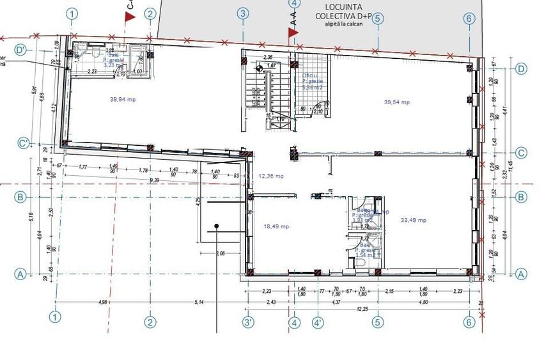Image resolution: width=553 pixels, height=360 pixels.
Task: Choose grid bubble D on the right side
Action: [x=521, y=68]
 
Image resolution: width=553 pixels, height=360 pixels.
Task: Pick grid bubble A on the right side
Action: [x=521, y=274]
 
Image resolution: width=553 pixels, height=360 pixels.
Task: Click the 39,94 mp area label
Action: [x=122, y=100]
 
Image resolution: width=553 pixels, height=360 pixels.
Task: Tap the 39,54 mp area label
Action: [x=396, y=102]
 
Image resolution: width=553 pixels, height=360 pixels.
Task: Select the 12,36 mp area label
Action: [x=271, y=176]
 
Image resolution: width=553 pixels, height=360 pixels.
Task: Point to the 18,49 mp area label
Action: [x=276, y=226]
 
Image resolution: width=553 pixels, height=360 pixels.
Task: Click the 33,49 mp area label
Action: [x=414, y=220]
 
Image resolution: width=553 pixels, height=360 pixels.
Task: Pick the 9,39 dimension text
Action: [x=155, y=181]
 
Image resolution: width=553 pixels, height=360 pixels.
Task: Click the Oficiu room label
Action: [x=309, y=75]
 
